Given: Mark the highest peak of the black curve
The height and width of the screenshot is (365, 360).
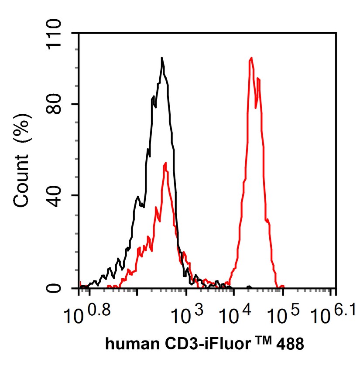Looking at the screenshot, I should [162, 58].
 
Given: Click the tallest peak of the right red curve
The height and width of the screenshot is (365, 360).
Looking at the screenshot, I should [251, 58].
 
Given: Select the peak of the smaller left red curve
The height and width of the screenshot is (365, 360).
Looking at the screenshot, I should [165, 163].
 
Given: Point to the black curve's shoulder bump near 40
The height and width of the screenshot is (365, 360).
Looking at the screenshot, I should [138, 197].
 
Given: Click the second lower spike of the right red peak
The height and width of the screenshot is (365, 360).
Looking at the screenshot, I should [258, 78].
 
